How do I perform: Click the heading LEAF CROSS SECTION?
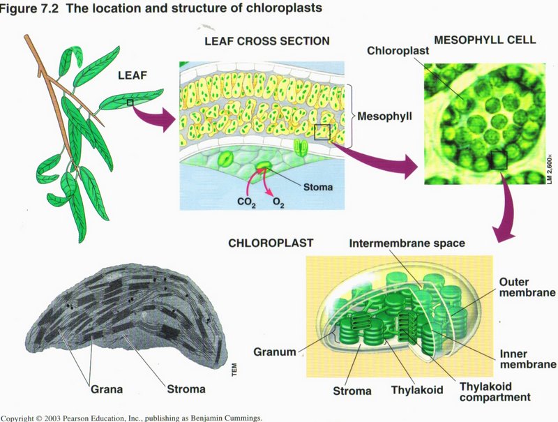pos(266,41)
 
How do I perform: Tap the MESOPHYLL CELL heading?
pos(485,40)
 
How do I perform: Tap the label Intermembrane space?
pos(407,244)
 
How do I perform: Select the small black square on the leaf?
pos(130,103)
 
